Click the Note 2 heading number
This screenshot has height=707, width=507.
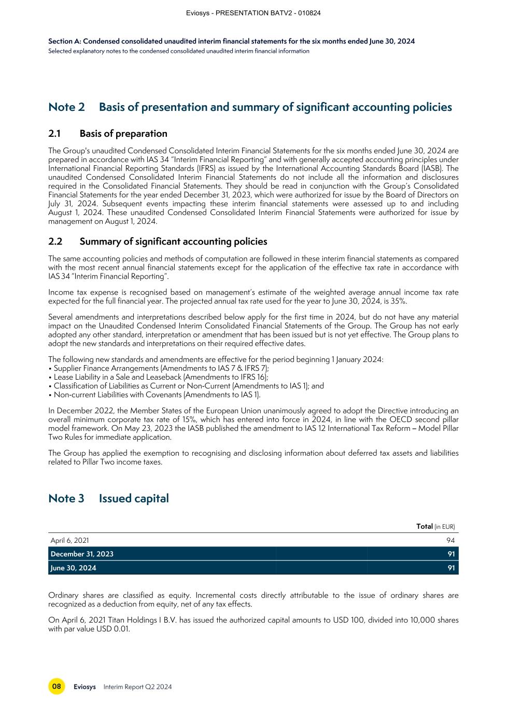(x=66, y=107)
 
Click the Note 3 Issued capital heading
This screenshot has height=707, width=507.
(x=108, y=498)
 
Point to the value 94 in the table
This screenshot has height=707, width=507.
(x=450, y=540)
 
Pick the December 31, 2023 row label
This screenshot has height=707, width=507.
(x=82, y=554)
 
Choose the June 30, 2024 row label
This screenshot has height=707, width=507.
(x=73, y=568)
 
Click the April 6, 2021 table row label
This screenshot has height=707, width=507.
(x=69, y=540)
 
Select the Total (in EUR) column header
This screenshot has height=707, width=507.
(x=435, y=526)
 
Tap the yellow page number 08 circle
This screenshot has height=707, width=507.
(x=57, y=687)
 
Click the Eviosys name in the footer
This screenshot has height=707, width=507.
(x=84, y=687)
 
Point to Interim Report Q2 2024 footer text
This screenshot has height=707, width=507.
(x=137, y=687)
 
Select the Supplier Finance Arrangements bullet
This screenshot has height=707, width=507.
(x=161, y=368)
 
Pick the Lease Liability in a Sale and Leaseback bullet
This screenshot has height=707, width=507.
(x=161, y=377)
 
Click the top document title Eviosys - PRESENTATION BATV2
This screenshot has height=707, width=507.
(x=253, y=13)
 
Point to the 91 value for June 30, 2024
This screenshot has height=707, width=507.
(x=451, y=568)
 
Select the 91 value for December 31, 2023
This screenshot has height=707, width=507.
(x=451, y=554)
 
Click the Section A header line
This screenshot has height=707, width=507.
(x=231, y=41)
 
